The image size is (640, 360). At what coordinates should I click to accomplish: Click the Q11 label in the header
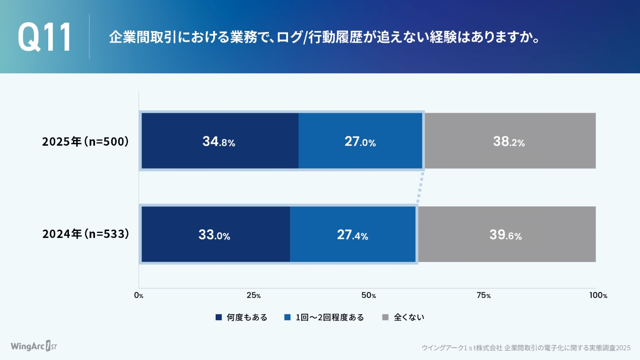[x=45, y=37]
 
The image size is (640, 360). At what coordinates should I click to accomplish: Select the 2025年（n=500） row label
[x=86, y=141]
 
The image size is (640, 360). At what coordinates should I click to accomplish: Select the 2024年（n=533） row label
[x=86, y=234]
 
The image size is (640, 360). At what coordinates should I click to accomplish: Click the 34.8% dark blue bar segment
[x=220, y=141]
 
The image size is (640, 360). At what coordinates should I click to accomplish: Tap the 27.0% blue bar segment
[x=360, y=141]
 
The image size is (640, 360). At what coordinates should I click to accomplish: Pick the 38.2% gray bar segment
[x=510, y=141]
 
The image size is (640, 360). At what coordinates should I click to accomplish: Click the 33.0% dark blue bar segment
[x=215, y=234]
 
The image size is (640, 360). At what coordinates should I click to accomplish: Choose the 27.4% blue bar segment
[x=353, y=234]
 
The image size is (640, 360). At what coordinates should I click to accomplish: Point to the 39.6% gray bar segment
[x=506, y=234]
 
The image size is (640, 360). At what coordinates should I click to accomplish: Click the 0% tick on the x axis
[x=139, y=295]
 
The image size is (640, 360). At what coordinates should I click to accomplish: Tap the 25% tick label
[x=254, y=295]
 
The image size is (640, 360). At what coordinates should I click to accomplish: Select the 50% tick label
[x=368, y=295]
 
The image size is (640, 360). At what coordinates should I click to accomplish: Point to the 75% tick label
[x=483, y=295]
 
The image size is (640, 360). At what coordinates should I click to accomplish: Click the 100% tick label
[x=598, y=295]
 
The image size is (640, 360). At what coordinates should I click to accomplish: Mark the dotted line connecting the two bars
[x=420, y=188]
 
